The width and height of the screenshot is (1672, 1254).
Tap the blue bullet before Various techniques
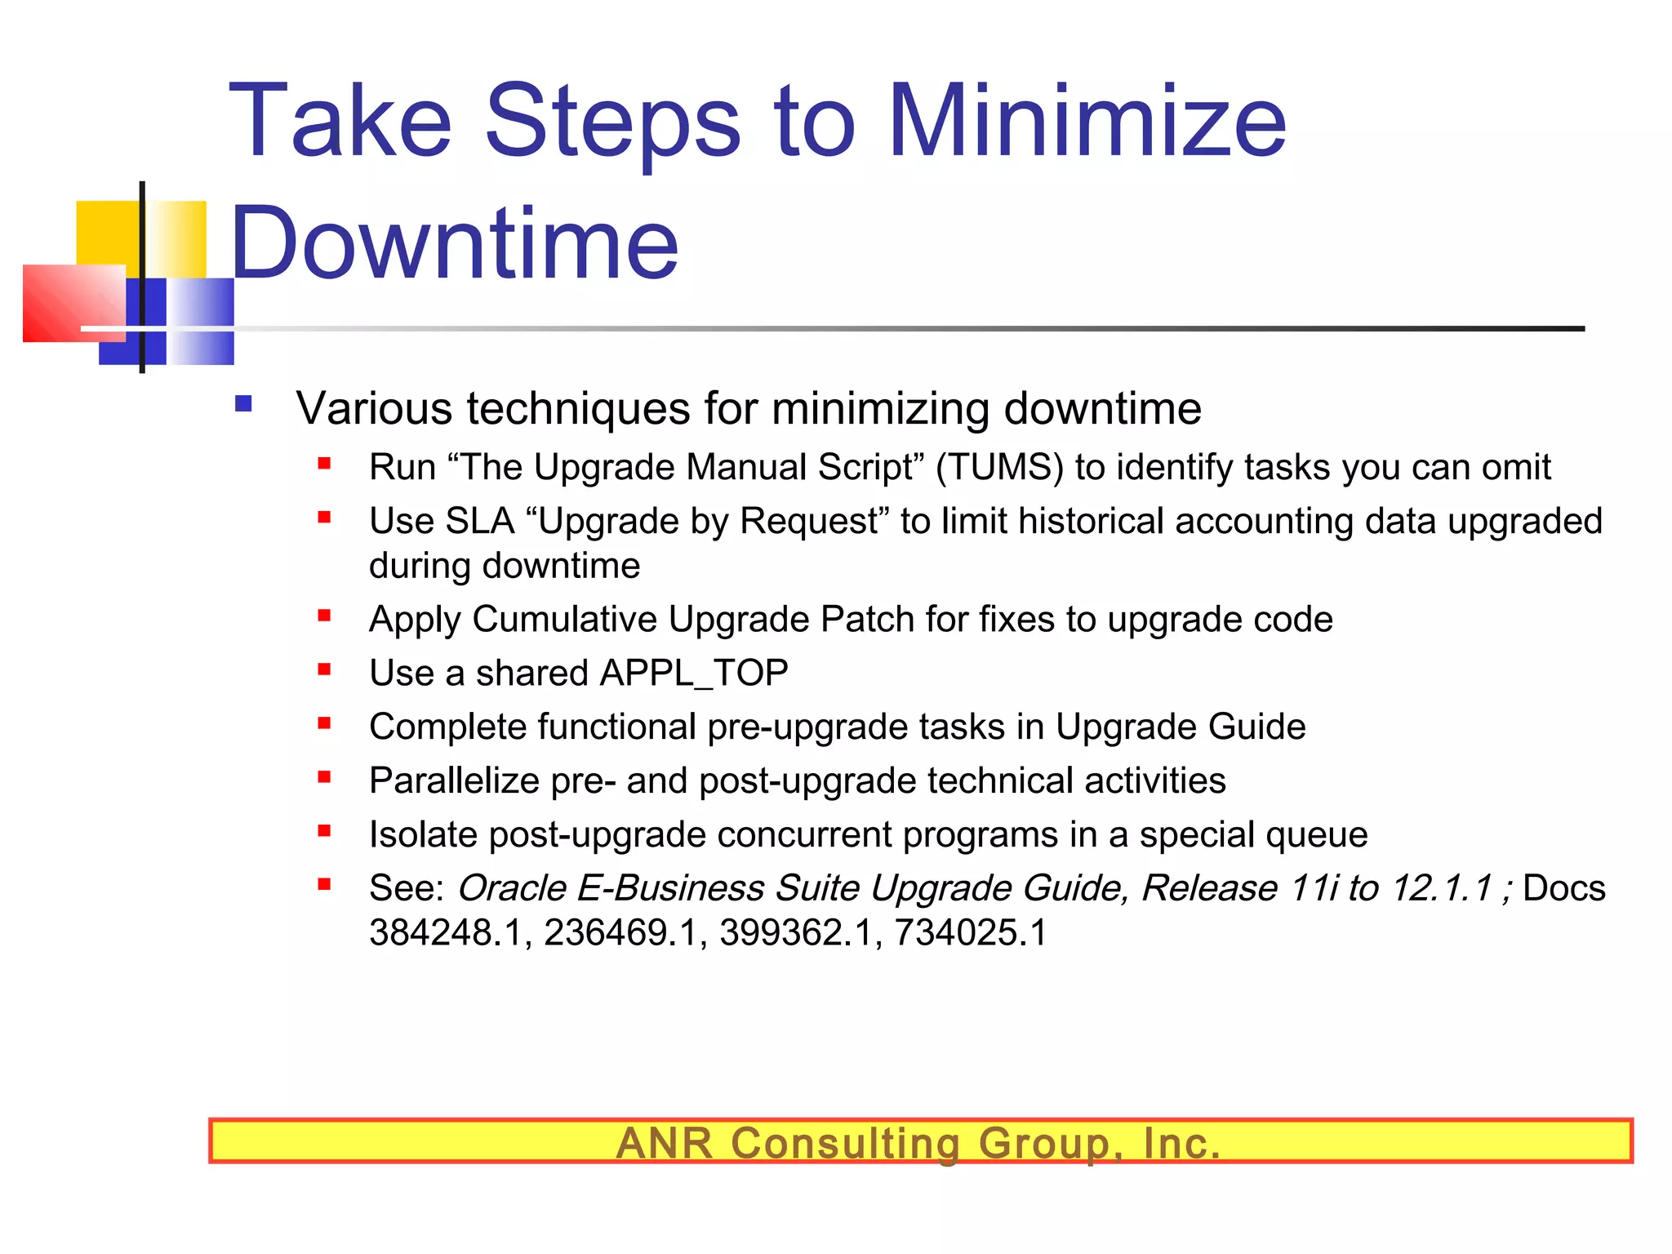coord(243,403)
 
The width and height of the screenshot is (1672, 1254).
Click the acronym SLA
coord(481,522)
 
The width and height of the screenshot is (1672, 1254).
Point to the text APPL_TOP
coord(693,674)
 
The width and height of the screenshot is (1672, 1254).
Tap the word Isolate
coord(423,835)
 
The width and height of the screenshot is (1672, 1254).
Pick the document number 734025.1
coord(970,933)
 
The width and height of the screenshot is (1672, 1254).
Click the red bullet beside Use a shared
coord(324,670)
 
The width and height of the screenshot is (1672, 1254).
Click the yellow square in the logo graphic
coord(106,233)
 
